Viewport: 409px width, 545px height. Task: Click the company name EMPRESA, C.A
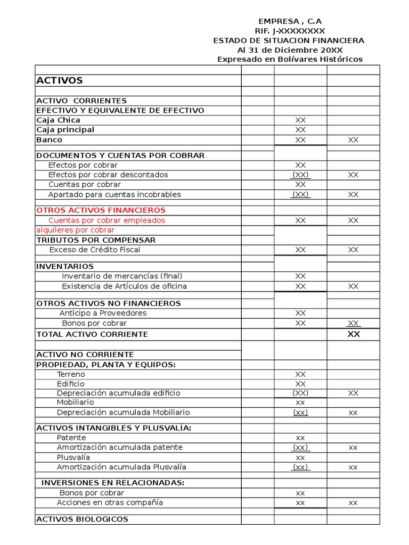(x=290, y=21)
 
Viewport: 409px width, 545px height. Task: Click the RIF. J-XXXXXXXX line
(x=290, y=31)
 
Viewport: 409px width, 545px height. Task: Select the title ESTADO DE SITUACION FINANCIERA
(x=289, y=40)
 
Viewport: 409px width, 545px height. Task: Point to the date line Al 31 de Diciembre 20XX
(x=290, y=50)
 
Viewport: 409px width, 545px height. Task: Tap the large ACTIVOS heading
(x=60, y=80)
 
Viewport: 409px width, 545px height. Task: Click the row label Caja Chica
(x=58, y=120)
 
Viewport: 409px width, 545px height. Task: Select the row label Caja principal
(x=65, y=130)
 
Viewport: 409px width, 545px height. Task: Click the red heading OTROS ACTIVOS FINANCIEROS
(x=101, y=210)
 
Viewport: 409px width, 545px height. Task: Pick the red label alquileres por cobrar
(x=75, y=230)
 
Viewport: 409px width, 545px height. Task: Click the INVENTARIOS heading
(x=65, y=266)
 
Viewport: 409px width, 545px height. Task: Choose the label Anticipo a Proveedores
(x=103, y=313)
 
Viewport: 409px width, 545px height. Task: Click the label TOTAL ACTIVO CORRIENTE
(x=92, y=334)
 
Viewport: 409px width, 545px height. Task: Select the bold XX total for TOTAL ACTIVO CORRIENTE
(x=353, y=334)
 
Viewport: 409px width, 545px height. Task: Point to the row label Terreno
(x=71, y=374)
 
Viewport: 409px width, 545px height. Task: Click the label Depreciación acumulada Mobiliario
(x=123, y=412)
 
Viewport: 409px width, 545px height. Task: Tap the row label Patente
(x=71, y=437)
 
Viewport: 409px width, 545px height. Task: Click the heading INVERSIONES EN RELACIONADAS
(x=113, y=483)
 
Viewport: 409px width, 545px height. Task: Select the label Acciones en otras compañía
(x=110, y=502)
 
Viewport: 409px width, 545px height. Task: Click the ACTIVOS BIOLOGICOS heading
(x=82, y=519)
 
